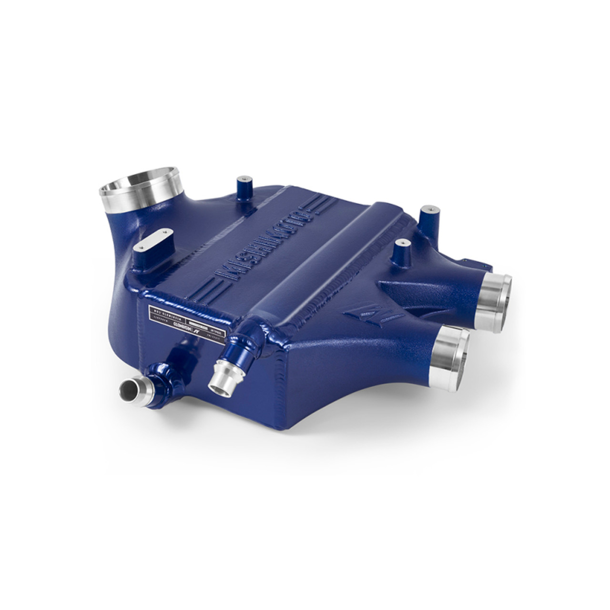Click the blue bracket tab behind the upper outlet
pyautogui.click(x=469, y=262)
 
